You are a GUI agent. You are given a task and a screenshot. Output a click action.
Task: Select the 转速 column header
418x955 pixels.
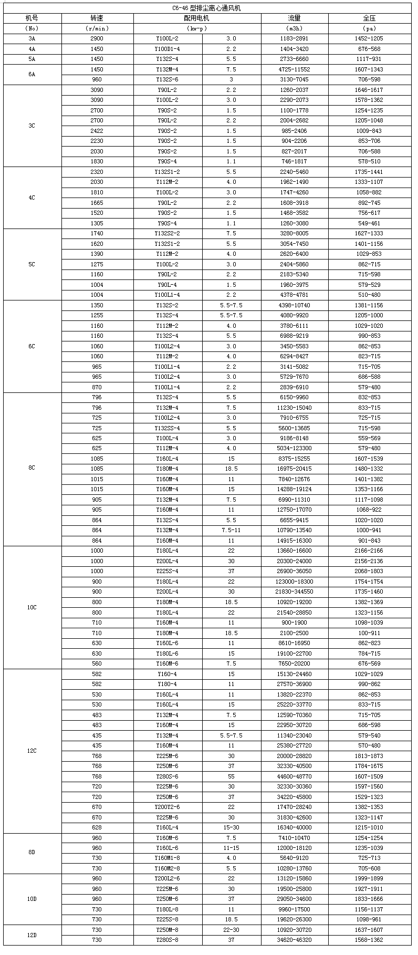(x=97, y=18)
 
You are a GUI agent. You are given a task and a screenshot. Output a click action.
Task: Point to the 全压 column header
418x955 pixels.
(x=369, y=18)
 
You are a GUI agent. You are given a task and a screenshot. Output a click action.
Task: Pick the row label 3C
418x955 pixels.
(x=32, y=126)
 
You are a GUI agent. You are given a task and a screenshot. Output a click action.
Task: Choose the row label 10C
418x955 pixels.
(x=32, y=607)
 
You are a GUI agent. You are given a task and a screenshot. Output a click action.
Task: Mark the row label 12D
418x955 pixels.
(x=32, y=935)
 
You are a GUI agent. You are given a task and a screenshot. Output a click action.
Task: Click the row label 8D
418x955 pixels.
(x=32, y=854)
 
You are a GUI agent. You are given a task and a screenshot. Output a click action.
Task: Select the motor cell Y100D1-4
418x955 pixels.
(x=168, y=49)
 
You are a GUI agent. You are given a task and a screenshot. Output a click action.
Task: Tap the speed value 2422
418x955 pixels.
(x=97, y=131)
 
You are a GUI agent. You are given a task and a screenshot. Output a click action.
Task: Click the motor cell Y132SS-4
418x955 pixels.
(x=168, y=428)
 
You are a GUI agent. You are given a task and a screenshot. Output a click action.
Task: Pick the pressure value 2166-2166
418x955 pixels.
(x=369, y=551)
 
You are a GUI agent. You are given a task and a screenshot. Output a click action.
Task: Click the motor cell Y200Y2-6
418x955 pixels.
(x=168, y=807)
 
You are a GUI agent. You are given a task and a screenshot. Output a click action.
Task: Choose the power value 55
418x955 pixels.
(x=231, y=776)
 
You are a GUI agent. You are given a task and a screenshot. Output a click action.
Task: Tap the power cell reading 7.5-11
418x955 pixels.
(x=231, y=531)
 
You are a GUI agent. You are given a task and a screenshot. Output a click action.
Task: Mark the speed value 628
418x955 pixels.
(x=97, y=828)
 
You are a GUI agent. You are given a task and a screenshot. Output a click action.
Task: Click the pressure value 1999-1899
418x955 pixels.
(x=369, y=879)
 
